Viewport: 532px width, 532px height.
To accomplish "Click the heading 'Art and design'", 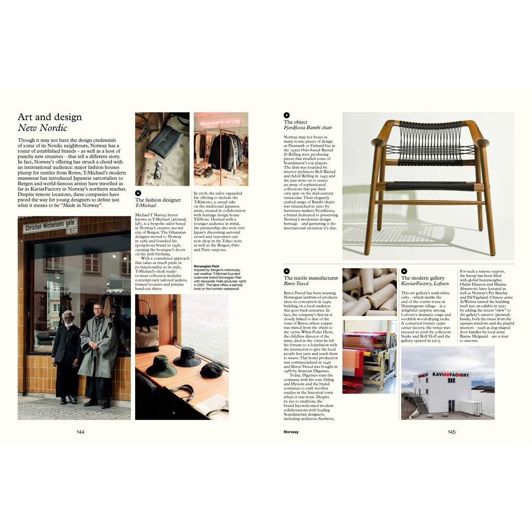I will (x=50, y=117).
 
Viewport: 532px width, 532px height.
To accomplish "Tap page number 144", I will (x=80, y=432).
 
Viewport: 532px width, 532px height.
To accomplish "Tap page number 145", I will (x=452, y=432).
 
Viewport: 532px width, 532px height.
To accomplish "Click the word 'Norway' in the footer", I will (x=291, y=432).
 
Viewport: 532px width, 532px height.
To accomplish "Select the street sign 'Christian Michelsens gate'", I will (x=50, y=226).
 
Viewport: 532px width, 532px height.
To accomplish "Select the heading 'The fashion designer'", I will (x=158, y=200).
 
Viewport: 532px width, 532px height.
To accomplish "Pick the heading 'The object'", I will (x=296, y=122).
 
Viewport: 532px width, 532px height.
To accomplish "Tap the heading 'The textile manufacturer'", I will (x=311, y=278).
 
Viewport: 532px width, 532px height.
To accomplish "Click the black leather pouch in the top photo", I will (x=164, y=141).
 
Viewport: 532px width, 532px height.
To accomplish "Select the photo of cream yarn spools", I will (x=369, y=292).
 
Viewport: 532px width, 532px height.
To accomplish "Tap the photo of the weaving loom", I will (x=369, y=356).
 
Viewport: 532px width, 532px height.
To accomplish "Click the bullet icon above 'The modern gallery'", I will (x=404, y=271).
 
